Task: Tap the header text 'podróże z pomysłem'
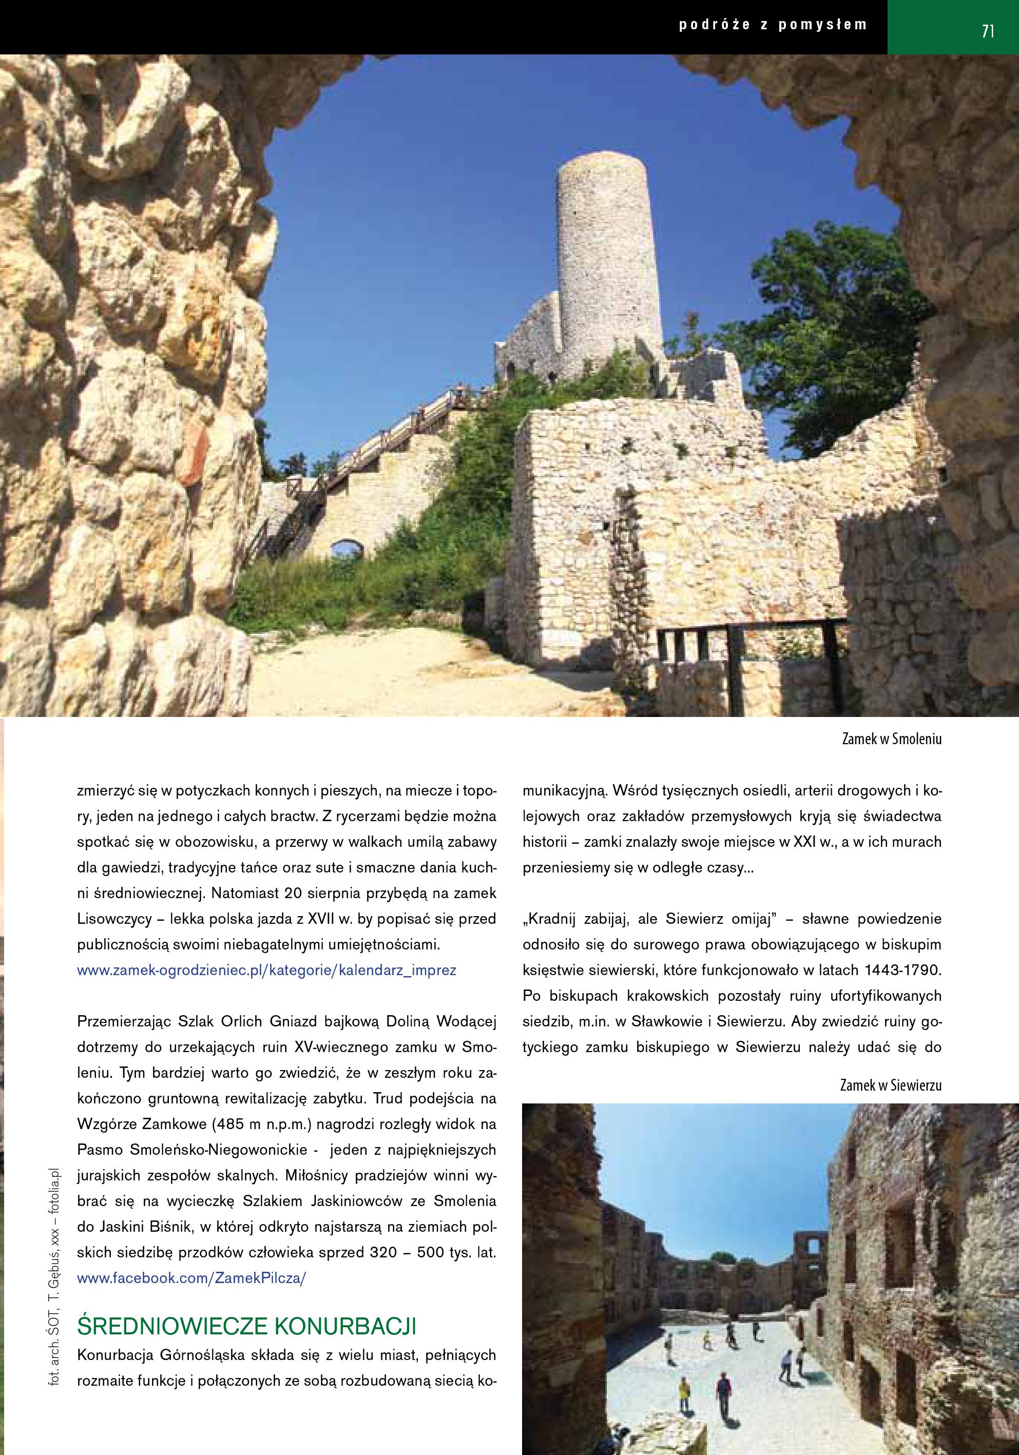coord(773,25)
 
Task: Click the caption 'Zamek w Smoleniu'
coord(891,740)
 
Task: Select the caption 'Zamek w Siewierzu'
coord(890,1085)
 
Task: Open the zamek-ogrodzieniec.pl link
coord(266,970)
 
